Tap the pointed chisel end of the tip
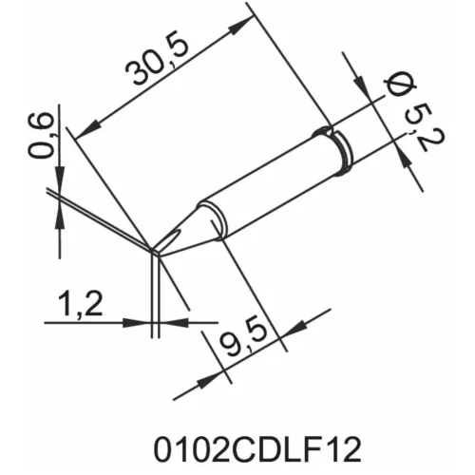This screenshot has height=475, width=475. point(156,252)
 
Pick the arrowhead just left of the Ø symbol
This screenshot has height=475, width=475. point(366,87)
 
